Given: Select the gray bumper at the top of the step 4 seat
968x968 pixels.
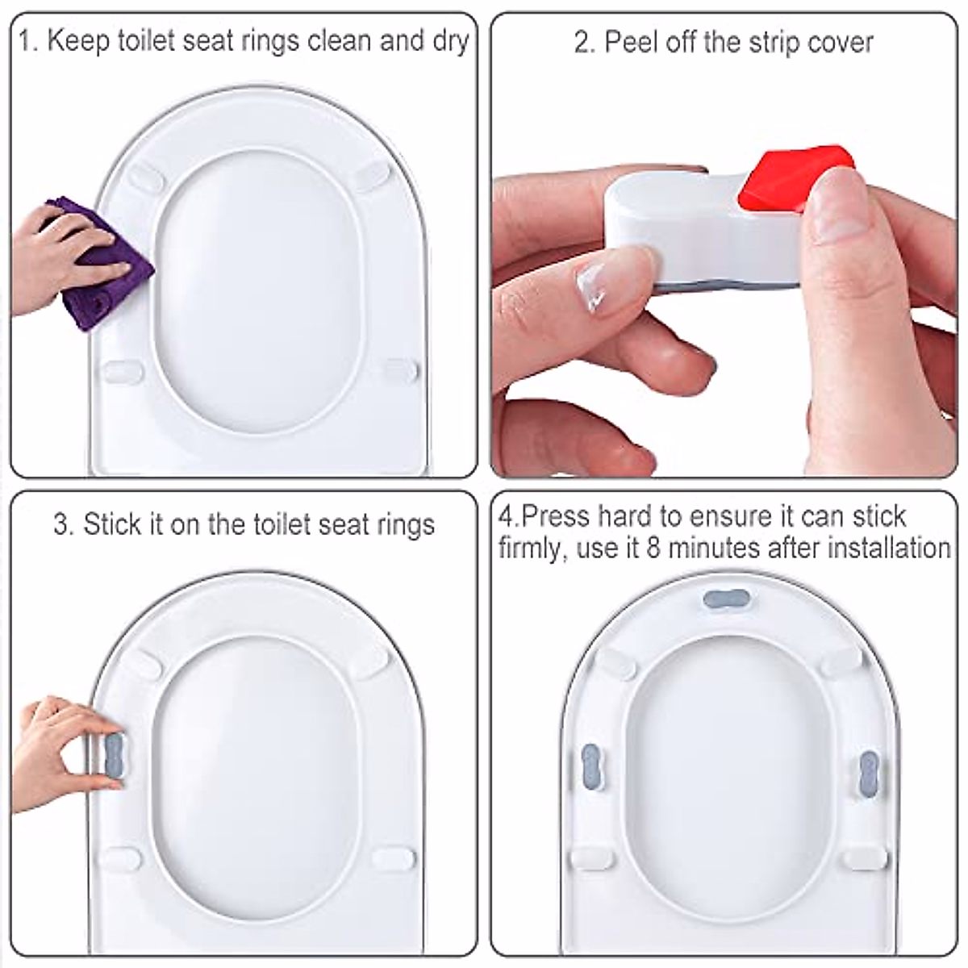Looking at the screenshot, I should click(727, 599).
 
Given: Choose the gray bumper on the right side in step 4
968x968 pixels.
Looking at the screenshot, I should click(869, 772).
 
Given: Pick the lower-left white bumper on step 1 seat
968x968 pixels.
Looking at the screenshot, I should click(123, 372).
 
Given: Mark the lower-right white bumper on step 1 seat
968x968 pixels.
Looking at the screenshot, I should click(400, 372).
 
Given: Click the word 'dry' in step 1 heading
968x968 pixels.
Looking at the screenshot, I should click(450, 41).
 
